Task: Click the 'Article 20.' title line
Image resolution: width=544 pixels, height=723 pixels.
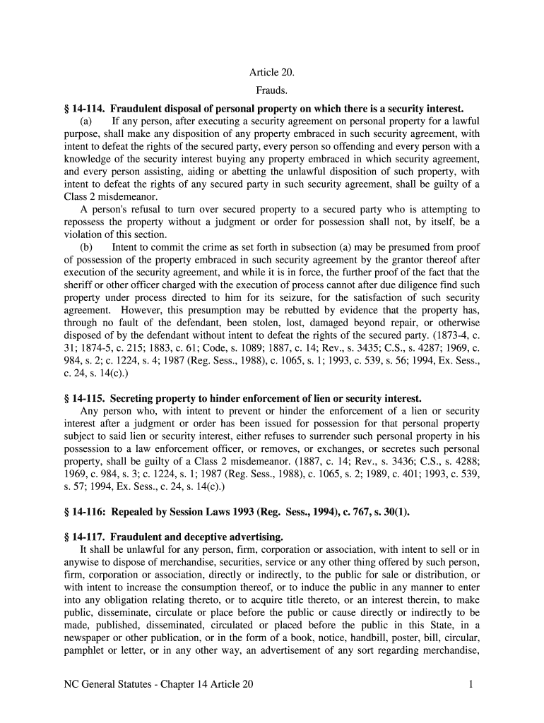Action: (271, 73)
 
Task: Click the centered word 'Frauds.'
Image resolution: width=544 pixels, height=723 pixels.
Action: (271, 91)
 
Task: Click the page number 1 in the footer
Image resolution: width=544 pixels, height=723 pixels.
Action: (470, 684)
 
